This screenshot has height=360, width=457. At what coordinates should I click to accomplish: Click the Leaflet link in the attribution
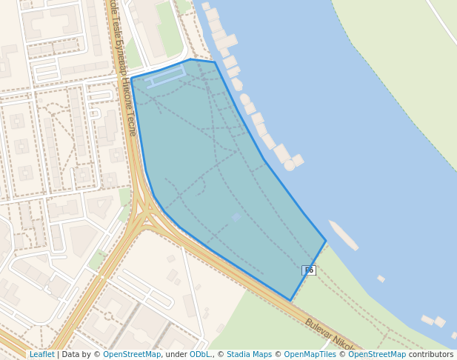(41, 354)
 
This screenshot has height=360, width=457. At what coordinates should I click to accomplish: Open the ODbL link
(200, 354)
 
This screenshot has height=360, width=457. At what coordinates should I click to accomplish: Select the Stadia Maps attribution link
(249, 354)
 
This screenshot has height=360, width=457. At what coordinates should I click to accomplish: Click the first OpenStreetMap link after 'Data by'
(132, 354)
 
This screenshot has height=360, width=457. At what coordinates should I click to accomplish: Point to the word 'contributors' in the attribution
(431, 354)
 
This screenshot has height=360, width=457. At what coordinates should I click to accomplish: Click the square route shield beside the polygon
(309, 270)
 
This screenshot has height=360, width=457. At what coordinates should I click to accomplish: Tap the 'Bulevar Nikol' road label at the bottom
(330, 334)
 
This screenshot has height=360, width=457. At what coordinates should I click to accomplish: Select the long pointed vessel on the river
(344, 235)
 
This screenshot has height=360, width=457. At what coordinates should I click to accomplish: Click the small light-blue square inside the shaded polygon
(236, 217)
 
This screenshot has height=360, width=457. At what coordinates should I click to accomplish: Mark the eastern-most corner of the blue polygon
(326, 240)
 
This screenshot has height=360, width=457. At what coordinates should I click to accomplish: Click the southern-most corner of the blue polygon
(290, 301)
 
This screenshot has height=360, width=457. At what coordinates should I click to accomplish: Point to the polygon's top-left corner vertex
(131, 78)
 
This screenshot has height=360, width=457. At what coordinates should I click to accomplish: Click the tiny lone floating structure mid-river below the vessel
(381, 279)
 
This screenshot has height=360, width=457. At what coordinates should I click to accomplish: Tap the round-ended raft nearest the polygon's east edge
(290, 165)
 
